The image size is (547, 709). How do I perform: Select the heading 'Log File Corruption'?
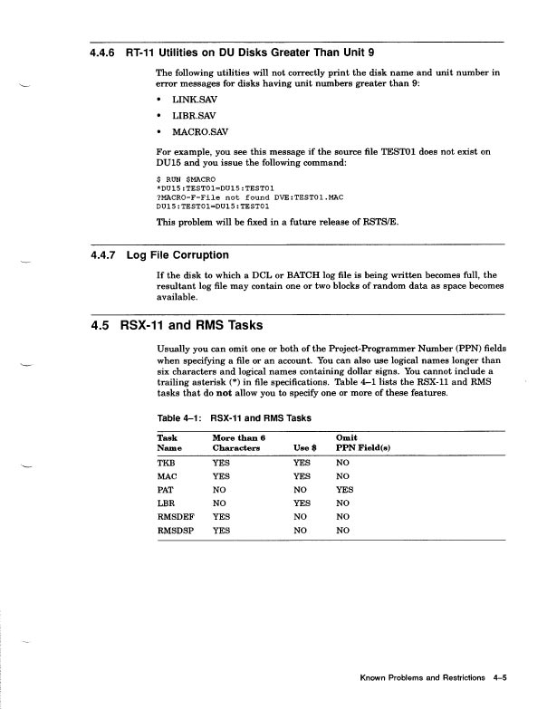pos(178,254)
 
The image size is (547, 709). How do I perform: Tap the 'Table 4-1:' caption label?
pos(178,418)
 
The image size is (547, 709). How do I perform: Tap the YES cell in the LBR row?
pos(305,503)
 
